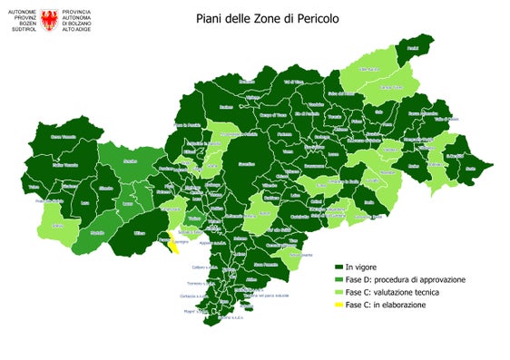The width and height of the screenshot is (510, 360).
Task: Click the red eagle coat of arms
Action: point(48,17)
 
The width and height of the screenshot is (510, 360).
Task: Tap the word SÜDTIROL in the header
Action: point(20,26)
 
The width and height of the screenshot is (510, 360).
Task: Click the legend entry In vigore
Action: point(362,268)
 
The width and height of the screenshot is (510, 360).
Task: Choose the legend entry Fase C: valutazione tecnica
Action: point(398,293)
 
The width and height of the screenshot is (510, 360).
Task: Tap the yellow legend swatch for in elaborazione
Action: point(338,306)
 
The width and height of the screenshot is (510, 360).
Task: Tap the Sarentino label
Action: point(246,164)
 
